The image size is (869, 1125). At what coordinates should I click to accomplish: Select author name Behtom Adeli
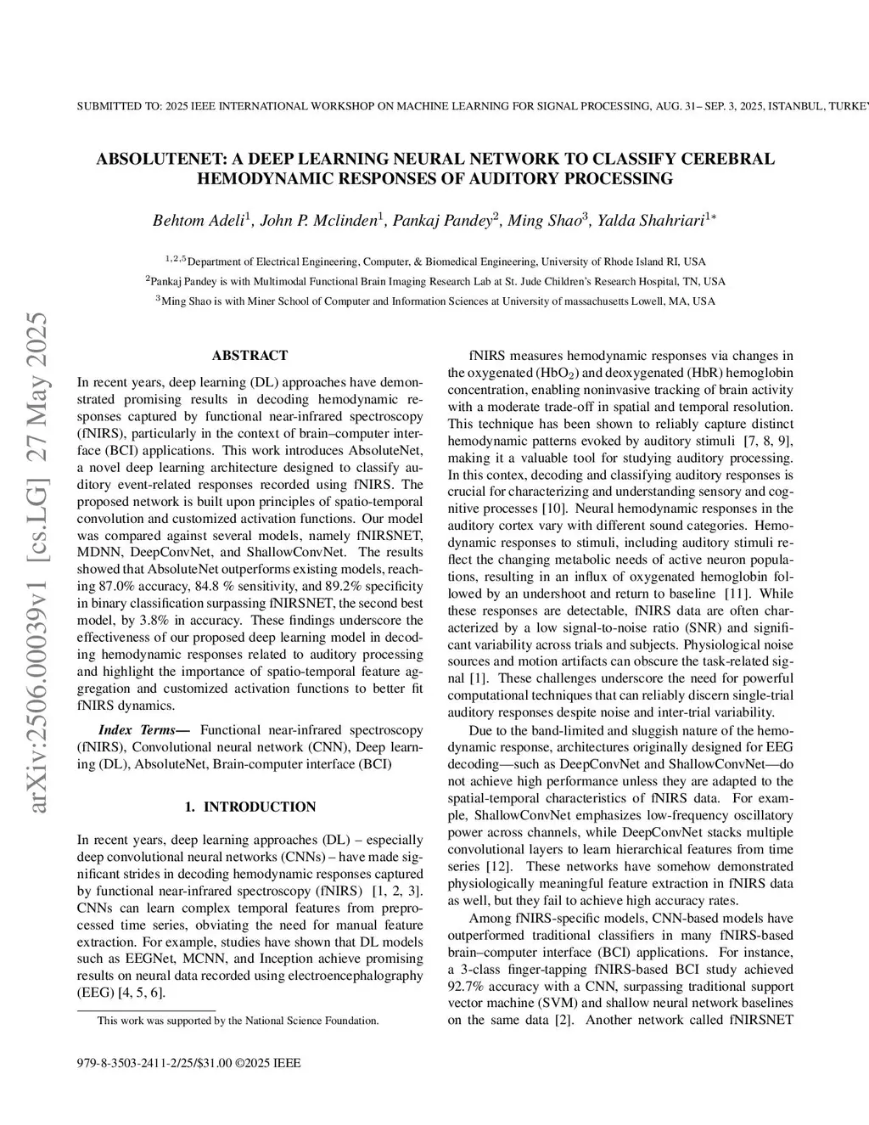[199, 221]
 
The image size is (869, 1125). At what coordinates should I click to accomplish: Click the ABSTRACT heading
[249, 355]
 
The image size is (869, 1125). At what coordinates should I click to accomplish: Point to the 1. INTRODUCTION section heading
[249, 807]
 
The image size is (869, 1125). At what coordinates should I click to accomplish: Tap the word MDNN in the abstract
[99, 552]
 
